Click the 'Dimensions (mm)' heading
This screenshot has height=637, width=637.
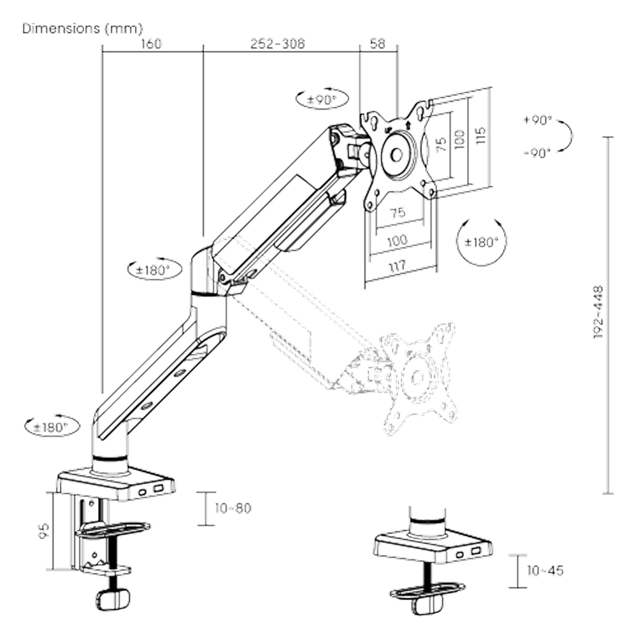click(x=82, y=29)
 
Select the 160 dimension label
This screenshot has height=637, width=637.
click(x=151, y=43)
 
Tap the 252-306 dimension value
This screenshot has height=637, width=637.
click(x=278, y=43)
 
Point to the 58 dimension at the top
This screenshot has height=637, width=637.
click(x=377, y=43)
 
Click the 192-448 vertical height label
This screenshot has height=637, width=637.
click(x=598, y=312)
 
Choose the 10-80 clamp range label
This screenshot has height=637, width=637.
click(x=233, y=508)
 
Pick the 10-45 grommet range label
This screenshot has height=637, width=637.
click(x=545, y=570)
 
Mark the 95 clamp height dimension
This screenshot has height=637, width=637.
click(x=43, y=531)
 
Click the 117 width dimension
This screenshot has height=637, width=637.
click(x=397, y=266)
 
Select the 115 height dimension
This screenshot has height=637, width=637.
click(x=480, y=135)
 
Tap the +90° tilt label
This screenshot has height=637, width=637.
click(x=538, y=120)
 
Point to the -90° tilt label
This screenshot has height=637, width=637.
click(x=537, y=153)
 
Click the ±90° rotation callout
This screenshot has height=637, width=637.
click(x=322, y=99)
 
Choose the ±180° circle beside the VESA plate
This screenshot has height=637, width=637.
click(x=482, y=242)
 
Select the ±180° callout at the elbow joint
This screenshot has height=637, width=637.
click(x=154, y=269)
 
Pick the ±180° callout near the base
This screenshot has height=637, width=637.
click(x=52, y=427)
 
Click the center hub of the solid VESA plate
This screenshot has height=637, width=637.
click(x=397, y=154)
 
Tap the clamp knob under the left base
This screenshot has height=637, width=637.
click(x=113, y=599)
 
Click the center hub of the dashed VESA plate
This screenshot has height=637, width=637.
click(x=417, y=378)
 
